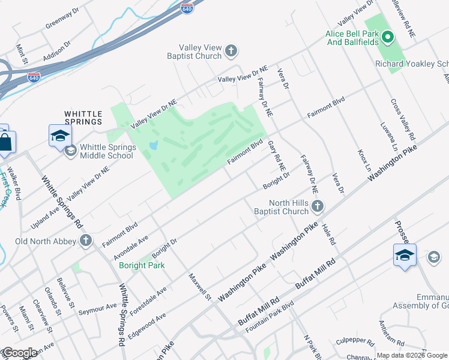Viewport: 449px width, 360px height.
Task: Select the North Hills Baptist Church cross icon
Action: pyautogui.click(x=318, y=207)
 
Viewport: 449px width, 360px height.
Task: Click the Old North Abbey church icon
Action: pyautogui.click(x=85, y=241)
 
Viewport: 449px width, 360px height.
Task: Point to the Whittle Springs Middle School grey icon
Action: pyautogui.click(x=71, y=151)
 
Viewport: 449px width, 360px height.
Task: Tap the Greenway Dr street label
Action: pyautogui.click(x=62, y=19)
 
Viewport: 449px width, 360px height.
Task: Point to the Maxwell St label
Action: pyautogui.click(x=200, y=287)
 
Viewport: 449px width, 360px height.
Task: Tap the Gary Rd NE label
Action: pyautogui.click(x=276, y=154)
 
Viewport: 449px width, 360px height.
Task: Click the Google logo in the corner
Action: pyautogui.click(x=20, y=353)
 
